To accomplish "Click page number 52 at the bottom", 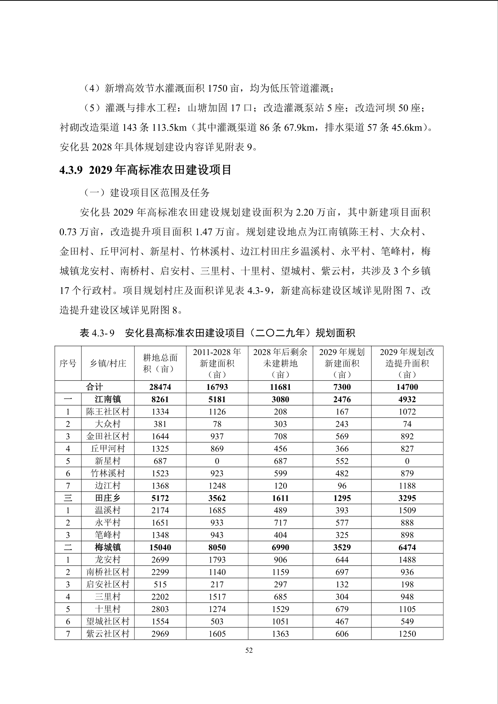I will coord(249,650).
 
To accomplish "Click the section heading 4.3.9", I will coord(146,170).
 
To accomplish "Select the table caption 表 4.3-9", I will coord(217,333).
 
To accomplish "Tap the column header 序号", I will coord(68,363).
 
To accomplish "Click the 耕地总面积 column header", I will coord(160,363).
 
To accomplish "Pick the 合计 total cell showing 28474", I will coord(160,387).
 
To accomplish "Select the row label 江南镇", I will coord(107,400).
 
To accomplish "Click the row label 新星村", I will coord(107,461).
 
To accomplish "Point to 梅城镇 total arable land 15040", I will coord(160,547).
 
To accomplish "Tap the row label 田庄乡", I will coord(107,498).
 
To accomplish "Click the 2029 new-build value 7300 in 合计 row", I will coord(342,387).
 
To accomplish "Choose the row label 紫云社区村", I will coord(107,634).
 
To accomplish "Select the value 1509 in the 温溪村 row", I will coord(407,511).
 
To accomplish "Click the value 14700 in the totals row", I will coord(407,387).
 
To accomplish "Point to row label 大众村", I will coord(107,424).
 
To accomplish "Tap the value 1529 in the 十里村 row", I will coord(280,609).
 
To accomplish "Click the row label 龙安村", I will coord(107,560).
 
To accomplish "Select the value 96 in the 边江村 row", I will coord(342,486).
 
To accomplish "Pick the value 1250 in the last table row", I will coord(407,634).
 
